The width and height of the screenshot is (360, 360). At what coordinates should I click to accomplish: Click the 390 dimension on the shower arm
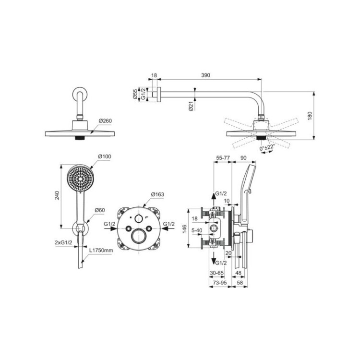tap(205, 75)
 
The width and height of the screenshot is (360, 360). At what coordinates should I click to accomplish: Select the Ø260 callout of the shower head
tap(106, 120)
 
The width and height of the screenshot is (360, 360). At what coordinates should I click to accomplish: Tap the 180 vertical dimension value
tap(310, 117)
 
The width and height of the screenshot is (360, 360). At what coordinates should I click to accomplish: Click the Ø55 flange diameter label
tap(135, 94)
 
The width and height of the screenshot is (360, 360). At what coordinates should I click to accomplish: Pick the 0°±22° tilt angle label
tap(267, 148)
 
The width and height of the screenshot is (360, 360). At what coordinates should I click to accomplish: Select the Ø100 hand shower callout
tap(105, 156)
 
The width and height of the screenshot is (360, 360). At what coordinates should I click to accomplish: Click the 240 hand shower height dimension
tap(57, 195)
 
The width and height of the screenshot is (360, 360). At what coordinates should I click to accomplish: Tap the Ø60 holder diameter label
tap(100, 210)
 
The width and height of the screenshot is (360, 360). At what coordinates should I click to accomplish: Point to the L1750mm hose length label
tap(101, 250)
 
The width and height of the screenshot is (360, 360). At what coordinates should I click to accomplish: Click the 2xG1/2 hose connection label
tap(63, 242)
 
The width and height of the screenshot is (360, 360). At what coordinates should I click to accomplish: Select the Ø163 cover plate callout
tap(157, 194)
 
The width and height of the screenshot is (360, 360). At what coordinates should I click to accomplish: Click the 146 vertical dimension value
tap(185, 229)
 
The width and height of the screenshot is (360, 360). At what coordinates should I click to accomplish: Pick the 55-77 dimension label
tap(223, 158)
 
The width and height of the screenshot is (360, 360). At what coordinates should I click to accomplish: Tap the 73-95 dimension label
tap(220, 283)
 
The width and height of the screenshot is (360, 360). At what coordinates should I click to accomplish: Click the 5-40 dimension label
tap(197, 230)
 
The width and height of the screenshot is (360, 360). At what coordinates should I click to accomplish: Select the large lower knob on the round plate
tap(138, 237)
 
